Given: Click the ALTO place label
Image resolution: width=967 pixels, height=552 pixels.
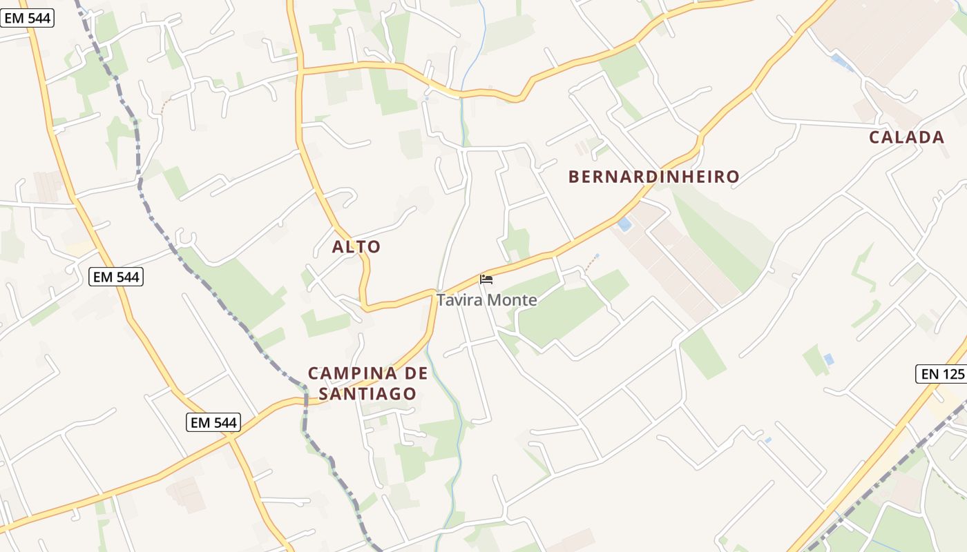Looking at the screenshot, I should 356,246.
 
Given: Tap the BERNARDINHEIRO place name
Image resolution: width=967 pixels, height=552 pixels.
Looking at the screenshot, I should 653,177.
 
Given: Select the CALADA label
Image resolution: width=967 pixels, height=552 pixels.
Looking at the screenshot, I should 906,137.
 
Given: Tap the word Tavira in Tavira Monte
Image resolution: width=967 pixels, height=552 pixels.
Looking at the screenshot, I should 459,300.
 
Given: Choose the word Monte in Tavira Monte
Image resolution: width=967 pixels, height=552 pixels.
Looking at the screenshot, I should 512,300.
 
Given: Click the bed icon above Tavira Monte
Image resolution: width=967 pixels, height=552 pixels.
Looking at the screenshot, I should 486,279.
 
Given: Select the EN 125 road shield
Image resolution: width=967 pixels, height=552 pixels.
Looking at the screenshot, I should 941,374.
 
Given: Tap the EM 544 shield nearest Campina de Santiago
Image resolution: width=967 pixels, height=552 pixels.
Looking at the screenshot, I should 213,422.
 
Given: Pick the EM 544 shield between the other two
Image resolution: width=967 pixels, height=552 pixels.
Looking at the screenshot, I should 116,277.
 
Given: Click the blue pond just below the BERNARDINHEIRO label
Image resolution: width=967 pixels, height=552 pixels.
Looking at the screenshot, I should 624,224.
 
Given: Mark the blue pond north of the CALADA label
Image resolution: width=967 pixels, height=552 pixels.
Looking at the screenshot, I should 841,62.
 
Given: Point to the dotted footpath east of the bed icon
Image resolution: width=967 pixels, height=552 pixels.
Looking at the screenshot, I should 590,263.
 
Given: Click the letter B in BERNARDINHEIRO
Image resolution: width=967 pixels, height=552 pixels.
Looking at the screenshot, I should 573,177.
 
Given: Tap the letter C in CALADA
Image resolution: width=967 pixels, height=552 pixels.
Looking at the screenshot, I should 874,137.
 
